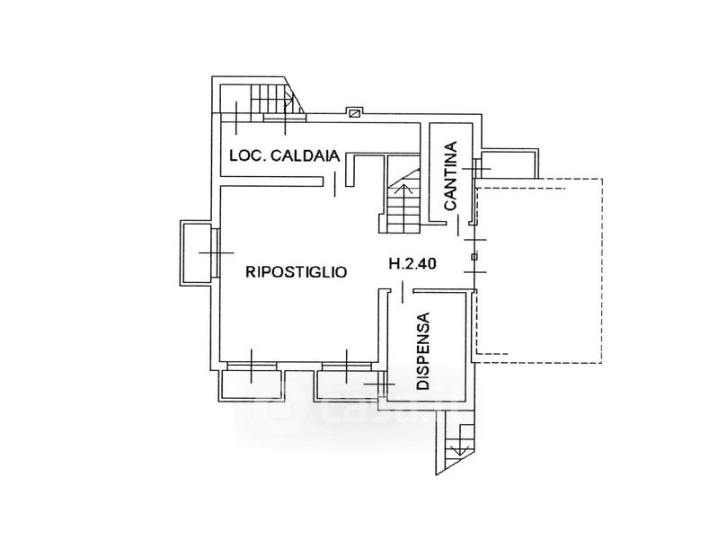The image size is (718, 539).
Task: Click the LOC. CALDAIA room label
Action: click(285, 155)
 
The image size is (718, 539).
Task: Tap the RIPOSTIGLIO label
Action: click(297, 272)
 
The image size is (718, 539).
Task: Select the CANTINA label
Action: click(451, 176)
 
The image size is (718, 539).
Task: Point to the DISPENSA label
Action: click(424, 350)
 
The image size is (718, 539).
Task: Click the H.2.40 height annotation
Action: click(412, 263)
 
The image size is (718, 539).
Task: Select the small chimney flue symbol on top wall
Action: click(354, 112)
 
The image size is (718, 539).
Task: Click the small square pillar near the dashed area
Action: click(474, 256)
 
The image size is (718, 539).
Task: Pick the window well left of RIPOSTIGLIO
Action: click(197, 252)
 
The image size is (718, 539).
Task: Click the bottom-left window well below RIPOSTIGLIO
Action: click(251, 385)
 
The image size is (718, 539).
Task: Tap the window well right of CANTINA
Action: click(509, 163)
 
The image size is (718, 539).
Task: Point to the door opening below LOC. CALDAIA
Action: click(334, 184)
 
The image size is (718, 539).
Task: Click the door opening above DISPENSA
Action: click(402, 292)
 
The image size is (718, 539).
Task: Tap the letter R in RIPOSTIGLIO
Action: click(251, 272)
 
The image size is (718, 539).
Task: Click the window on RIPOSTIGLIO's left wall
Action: click(215, 252)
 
